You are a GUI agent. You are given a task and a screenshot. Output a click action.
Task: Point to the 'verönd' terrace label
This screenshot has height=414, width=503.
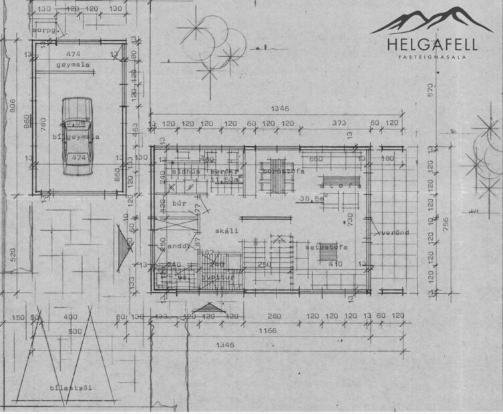click(393, 233)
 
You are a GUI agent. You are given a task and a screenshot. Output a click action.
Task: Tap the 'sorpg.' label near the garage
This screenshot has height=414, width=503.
click(43, 31)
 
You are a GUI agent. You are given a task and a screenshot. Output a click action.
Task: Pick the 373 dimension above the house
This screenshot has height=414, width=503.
click(340, 124)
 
